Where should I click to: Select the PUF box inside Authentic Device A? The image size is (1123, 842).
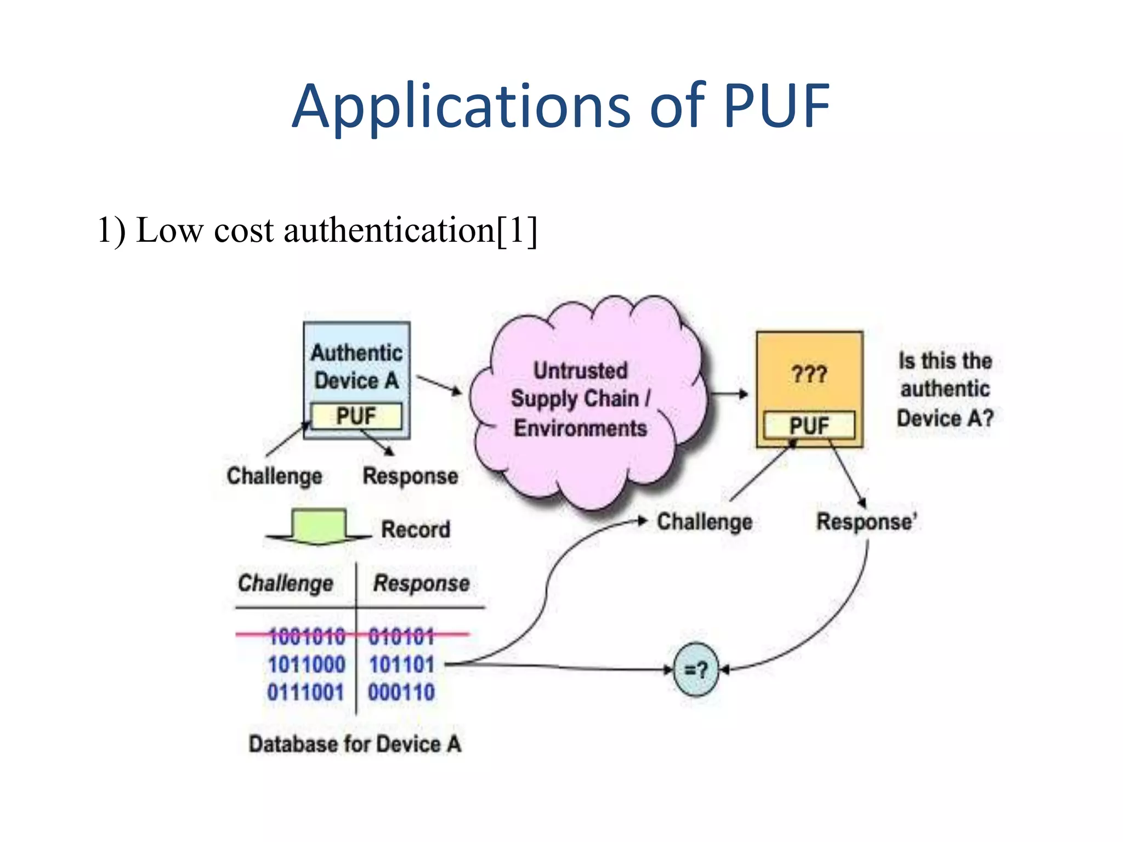(356, 416)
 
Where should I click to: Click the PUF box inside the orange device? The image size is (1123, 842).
(809, 425)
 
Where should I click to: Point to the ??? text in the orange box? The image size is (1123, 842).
(809, 375)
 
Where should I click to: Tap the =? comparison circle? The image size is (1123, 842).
(696, 669)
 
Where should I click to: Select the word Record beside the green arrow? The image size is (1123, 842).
(416, 530)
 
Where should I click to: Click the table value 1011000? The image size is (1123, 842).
(307, 665)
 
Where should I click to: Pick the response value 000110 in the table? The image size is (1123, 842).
(401, 692)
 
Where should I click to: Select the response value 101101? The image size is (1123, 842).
(401, 665)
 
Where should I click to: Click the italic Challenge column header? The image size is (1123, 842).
(285, 583)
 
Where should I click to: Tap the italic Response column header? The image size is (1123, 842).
(421, 583)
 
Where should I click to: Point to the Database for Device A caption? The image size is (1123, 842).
(355, 744)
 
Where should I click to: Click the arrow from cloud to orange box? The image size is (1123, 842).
(729, 394)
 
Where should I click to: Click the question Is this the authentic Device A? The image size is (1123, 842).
(945, 389)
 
